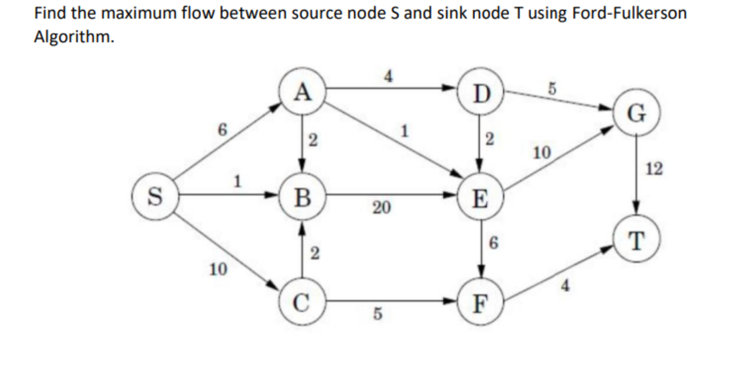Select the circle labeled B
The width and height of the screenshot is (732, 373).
(x=304, y=196)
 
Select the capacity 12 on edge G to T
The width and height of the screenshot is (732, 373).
(x=655, y=169)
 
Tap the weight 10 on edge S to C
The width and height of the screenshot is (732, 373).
(x=216, y=270)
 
